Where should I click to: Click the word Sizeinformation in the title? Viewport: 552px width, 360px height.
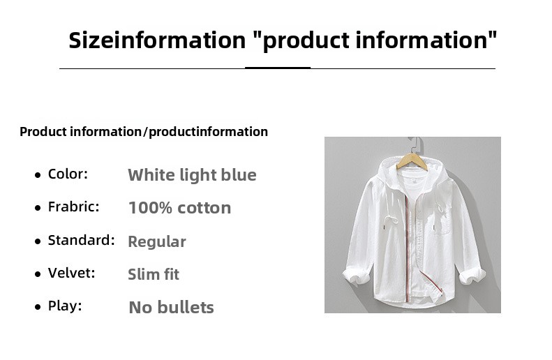(x=157, y=40)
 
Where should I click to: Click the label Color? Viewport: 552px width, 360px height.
(x=68, y=174)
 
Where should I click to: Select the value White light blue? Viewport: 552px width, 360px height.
(x=192, y=175)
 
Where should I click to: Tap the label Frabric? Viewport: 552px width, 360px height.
(x=73, y=207)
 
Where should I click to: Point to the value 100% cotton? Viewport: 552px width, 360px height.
(x=179, y=208)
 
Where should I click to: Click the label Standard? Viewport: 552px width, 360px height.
(x=82, y=240)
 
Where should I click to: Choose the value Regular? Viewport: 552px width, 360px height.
(x=156, y=242)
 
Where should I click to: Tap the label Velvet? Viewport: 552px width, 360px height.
(x=71, y=273)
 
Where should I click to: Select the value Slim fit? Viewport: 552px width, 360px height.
(x=154, y=274)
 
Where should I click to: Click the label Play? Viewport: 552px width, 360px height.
(x=65, y=306)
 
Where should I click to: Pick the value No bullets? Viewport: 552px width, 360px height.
(x=171, y=307)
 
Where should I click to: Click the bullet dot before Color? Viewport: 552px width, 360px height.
(x=38, y=175)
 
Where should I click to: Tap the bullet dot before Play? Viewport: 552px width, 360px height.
(x=38, y=307)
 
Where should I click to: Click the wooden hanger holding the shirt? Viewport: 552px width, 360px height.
(x=412, y=161)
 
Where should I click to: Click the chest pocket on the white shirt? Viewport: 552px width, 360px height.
(x=442, y=222)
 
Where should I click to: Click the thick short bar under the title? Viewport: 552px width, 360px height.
(x=278, y=68)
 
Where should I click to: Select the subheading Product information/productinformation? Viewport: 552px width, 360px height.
(x=144, y=132)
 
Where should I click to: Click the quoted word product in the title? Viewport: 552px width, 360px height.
(x=306, y=40)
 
